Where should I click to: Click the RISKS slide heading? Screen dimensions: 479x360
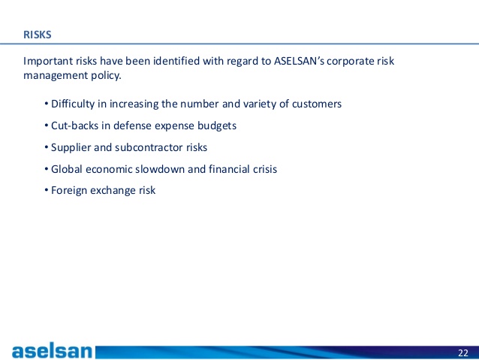(x=38, y=35)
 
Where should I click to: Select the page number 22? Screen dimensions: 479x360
(x=463, y=353)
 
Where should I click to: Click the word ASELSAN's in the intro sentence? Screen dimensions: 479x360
(x=299, y=61)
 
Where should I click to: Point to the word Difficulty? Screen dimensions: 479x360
(x=73, y=104)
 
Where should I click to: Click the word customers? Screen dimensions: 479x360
(x=317, y=104)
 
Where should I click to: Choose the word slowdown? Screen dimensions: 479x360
(x=160, y=169)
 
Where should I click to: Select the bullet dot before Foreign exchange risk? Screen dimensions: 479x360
(x=46, y=190)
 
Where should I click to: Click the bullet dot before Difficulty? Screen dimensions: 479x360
(x=46, y=104)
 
